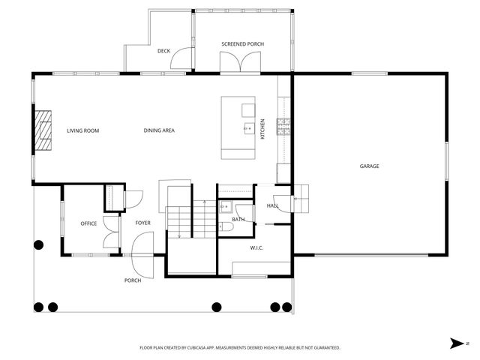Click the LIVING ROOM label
pyautogui.click(x=82, y=130)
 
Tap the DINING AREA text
pyautogui.click(x=159, y=130)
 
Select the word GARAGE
pyautogui.click(x=369, y=166)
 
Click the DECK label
pyautogui.click(x=163, y=51)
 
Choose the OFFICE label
pyautogui.click(x=88, y=223)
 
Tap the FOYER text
pyautogui.click(x=142, y=223)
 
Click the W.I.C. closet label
pyautogui.click(x=256, y=247)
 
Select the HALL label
pyautogui.click(x=272, y=205)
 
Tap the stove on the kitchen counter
pyautogui.click(x=283, y=128)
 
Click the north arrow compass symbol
pyautogui.click(x=457, y=343)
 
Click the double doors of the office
pyautogui.click(x=111, y=234)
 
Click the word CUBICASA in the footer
pyautogui.click(x=205, y=348)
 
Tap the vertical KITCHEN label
pyautogui.click(x=262, y=128)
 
